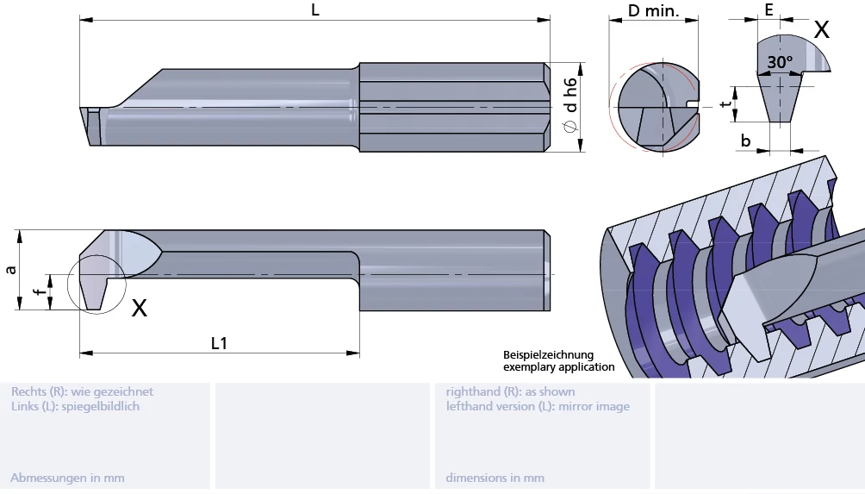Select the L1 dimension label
[x=220, y=342]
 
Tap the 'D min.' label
[x=653, y=11]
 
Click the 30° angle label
[x=780, y=62]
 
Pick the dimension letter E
[x=769, y=9]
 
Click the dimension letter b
[x=746, y=140]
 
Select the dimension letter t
[x=725, y=104]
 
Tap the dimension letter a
[x=10, y=269]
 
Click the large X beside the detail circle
[x=139, y=307]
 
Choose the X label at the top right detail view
[x=821, y=30]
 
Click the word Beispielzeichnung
[x=549, y=355]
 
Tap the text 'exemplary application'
[x=559, y=367]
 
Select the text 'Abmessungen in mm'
[x=67, y=478]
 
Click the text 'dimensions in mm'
[x=495, y=478]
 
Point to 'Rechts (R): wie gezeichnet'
[x=82, y=391]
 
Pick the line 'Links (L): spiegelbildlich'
[x=75, y=406]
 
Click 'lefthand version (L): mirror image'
[x=538, y=406]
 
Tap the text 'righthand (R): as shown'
[x=510, y=391]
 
